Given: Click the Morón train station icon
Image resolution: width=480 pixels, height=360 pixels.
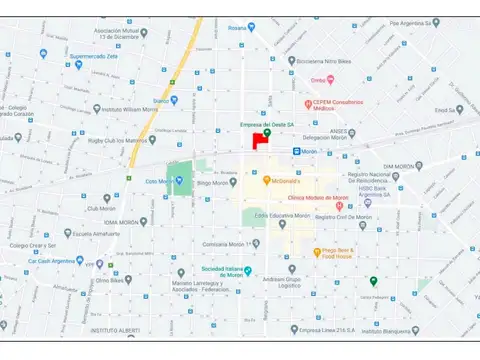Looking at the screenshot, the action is pos(297,150).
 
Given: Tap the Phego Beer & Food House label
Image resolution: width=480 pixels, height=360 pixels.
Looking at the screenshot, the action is pos(326,253).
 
